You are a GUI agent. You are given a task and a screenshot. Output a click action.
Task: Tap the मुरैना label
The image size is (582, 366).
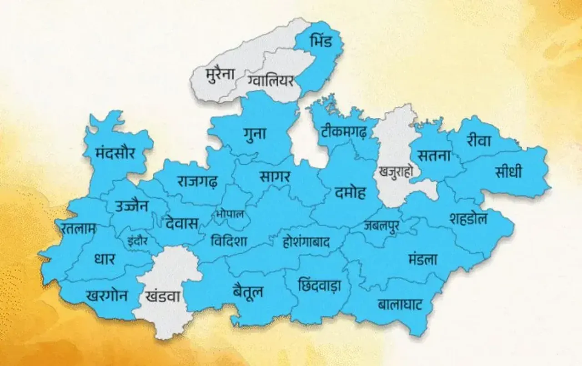tap(220, 74)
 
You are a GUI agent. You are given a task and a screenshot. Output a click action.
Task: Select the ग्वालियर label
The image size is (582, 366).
tap(271, 81)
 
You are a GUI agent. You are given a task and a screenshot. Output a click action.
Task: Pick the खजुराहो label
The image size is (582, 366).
tap(395, 171)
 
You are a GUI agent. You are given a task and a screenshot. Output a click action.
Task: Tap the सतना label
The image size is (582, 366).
tap(435, 155)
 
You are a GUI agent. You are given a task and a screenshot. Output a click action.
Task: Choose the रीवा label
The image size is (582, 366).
tap(478, 141)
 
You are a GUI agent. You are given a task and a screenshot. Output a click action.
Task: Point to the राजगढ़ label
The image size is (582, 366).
tap(197, 181)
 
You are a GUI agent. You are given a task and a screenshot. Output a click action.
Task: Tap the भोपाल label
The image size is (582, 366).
tap(230, 214)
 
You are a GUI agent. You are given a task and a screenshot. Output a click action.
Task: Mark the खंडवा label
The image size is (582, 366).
tap(163, 297)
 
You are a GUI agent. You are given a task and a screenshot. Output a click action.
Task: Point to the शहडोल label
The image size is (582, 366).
tap(468, 219)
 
